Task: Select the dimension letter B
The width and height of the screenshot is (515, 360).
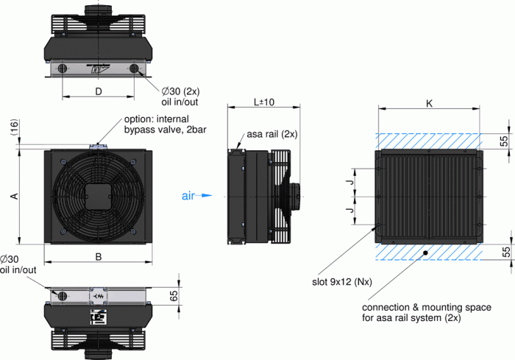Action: (x=98, y=256)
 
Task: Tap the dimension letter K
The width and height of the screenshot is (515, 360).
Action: (x=429, y=105)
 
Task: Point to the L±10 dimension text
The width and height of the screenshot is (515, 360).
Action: (x=263, y=102)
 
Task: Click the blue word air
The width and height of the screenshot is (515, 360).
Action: (x=188, y=196)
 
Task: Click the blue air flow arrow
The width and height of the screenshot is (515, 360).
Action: (x=206, y=196)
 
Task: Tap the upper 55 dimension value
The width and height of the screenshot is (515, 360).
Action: (x=505, y=141)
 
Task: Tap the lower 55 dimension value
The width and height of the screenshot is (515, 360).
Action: (x=505, y=251)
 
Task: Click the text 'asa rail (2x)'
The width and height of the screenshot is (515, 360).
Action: (x=271, y=135)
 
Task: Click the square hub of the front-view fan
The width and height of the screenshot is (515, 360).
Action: (x=98, y=196)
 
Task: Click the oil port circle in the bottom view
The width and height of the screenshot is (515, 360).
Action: (x=63, y=295)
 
